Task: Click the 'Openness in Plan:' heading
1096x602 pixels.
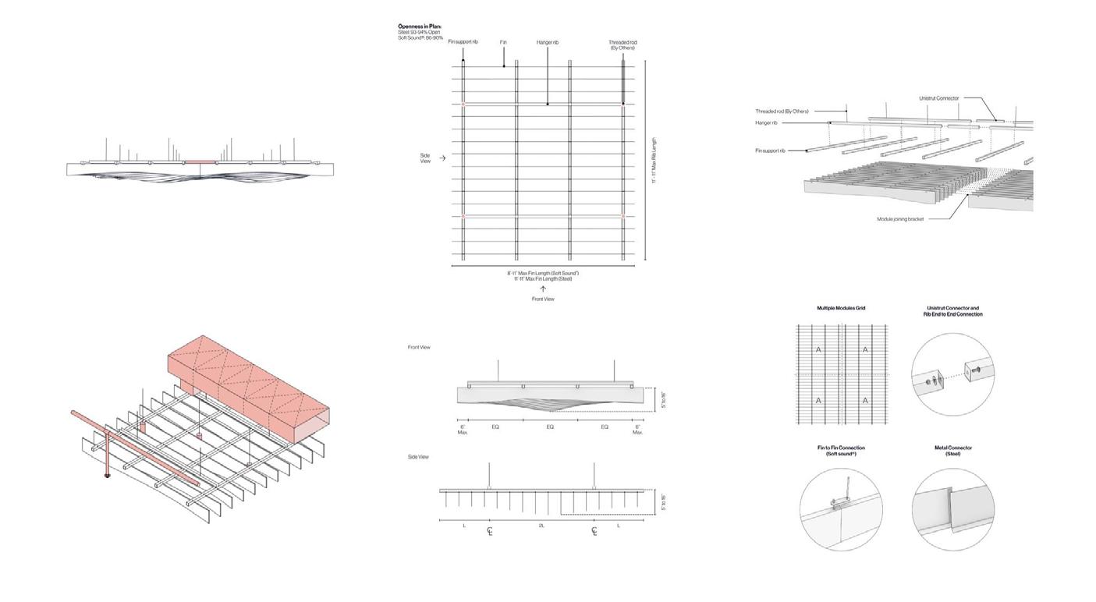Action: (x=420, y=27)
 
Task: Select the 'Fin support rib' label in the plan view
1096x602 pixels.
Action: (x=463, y=41)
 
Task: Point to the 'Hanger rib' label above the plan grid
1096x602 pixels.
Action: (x=547, y=41)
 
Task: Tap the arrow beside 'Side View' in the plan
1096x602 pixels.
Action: (x=443, y=158)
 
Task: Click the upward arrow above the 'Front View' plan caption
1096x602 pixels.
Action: (x=543, y=289)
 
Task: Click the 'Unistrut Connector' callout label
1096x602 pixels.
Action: (x=938, y=98)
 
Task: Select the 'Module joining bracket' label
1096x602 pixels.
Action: (x=900, y=219)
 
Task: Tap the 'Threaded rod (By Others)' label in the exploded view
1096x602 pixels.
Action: (x=781, y=112)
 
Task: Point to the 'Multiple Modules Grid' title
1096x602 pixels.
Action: (x=841, y=308)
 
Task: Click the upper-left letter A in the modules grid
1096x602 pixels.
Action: (x=818, y=350)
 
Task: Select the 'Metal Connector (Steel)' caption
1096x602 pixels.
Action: (x=952, y=451)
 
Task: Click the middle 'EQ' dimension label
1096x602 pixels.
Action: (x=550, y=427)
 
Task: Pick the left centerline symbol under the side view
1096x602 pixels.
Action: (x=490, y=532)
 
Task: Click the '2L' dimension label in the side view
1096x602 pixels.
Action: (x=541, y=526)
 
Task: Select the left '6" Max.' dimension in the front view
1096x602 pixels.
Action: (x=463, y=429)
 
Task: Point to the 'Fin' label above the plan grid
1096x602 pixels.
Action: (x=504, y=41)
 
